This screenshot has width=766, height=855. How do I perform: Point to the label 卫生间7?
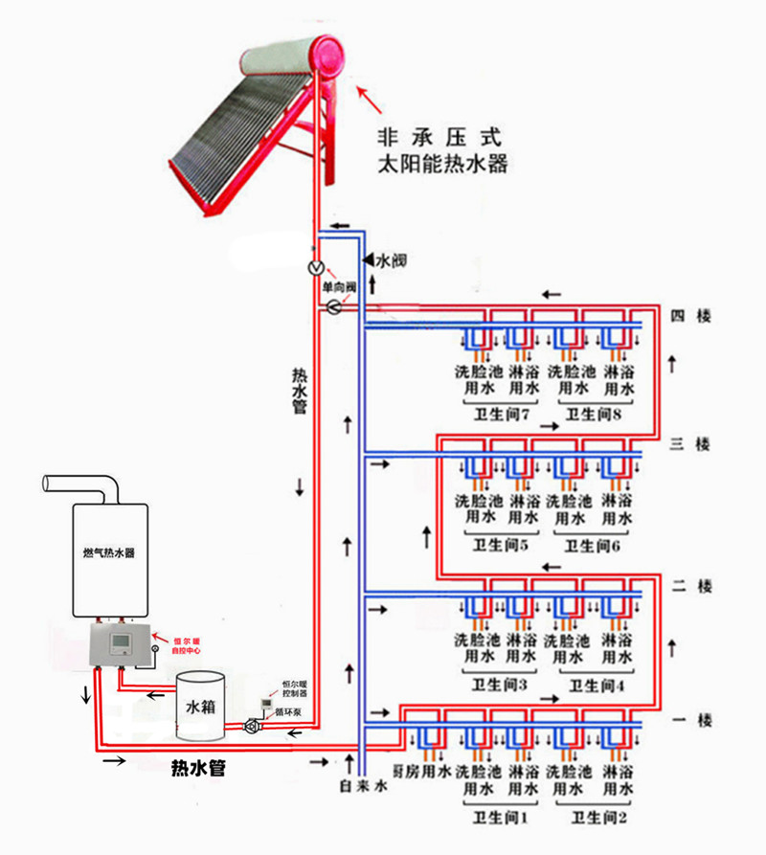point(502,414)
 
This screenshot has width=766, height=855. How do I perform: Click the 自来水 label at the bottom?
point(362,785)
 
